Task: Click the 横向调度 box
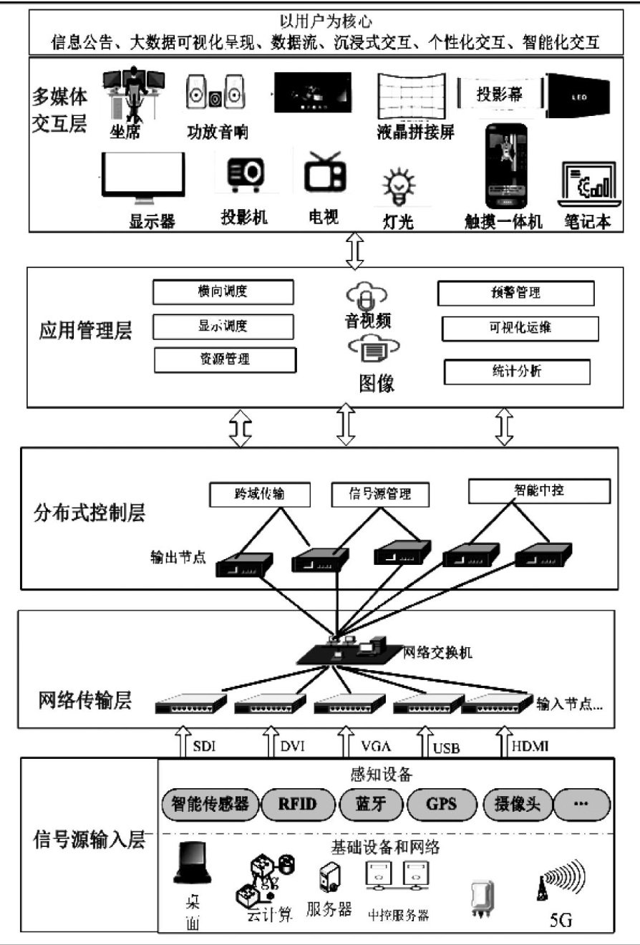(x=223, y=291)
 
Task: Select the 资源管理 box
(x=225, y=359)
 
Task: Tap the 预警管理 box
(x=515, y=293)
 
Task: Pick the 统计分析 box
(x=517, y=372)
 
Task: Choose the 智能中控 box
(x=539, y=491)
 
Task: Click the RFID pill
(x=297, y=803)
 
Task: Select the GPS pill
(x=441, y=803)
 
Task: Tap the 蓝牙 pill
(x=370, y=803)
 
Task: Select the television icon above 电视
(x=324, y=173)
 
